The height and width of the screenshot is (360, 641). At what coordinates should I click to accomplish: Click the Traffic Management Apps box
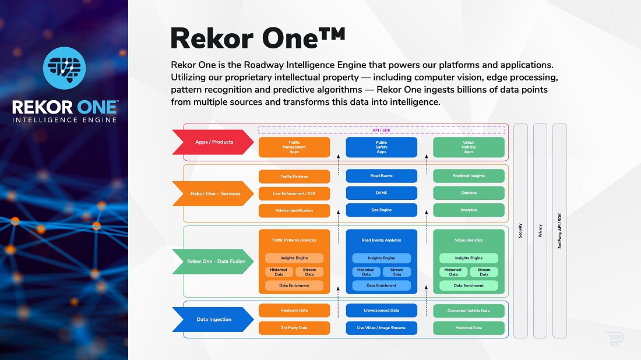coord(294,147)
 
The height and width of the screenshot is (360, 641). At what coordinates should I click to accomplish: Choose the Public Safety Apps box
coord(382,147)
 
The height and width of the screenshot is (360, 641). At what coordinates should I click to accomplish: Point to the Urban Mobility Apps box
coord(469,147)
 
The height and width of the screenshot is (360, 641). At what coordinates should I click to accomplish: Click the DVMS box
coord(382,193)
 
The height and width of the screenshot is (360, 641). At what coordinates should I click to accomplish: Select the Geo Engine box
coord(382,210)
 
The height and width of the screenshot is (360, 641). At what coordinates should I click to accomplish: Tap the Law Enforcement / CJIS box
coord(294,193)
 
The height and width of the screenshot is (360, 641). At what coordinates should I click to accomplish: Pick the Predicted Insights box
coord(469,176)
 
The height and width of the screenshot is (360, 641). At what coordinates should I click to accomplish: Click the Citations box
coord(469,193)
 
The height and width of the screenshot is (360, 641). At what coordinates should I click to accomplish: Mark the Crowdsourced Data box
coord(382,310)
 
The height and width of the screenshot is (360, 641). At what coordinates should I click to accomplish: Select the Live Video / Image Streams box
coord(382,328)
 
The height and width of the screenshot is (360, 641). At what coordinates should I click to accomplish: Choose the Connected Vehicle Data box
coord(469,310)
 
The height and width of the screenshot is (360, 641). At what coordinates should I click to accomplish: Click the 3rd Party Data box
coord(294,328)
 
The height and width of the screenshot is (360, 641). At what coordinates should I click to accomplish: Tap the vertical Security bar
coord(520,231)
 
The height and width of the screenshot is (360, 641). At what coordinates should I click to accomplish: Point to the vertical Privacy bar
coord(540,231)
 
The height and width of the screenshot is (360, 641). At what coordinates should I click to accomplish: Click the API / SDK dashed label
coord(382,130)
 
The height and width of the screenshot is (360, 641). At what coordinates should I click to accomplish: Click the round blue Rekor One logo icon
coord(64,68)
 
